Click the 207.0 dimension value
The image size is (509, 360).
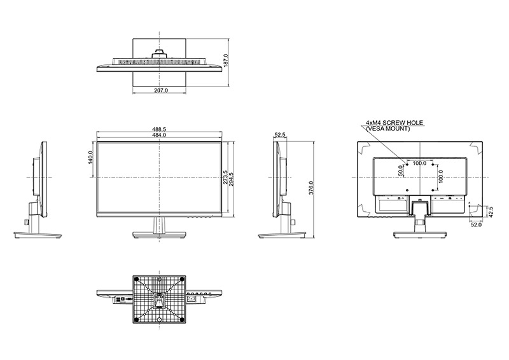[161, 90]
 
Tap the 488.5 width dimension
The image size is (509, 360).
[160, 130]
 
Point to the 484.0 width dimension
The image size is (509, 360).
[160, 135]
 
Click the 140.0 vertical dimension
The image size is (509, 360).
[91, 158]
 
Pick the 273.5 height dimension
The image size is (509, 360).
[226, 177]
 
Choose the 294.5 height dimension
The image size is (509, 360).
[232, 179]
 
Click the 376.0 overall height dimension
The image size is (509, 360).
[311, 188]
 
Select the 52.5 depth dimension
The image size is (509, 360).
[280, 135]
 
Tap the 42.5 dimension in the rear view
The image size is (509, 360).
[491, 212]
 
